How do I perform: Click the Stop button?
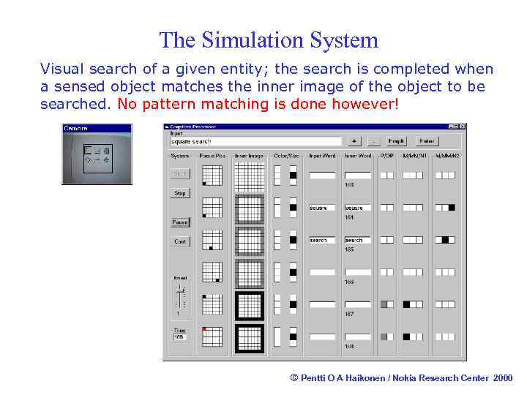click(x=180, y=194)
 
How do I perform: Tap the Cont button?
click(x=180, y=241)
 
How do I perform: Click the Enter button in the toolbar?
click(x=427, y=141)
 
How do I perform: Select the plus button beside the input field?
click(x=355, y=141)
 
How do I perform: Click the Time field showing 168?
click(x=180, y=337)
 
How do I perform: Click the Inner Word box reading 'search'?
click(x=357, y=240)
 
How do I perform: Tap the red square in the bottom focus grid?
click(x=205, y=329)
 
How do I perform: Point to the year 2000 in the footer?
click(x=503, y=377)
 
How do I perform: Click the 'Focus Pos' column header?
click(x=212, y=155)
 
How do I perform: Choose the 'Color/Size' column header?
click(x=285, y=155)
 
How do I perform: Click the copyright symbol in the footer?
click(x=294, y=377)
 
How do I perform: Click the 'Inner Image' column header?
click(x=249, y=155)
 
